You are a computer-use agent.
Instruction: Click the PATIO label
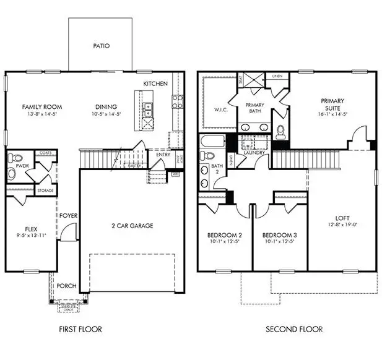(x=101, y=46)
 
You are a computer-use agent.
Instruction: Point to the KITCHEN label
(x=155, y=84)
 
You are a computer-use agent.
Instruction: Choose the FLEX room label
(x=31, y=227)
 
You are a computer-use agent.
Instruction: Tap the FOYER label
(x=68, y=216)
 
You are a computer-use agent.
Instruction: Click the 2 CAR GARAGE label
(x=132, y=226)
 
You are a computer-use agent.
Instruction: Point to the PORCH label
(x=66, y=286)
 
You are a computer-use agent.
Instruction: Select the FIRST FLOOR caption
(x=81, y=329)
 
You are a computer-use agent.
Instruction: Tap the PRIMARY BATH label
(x=255, y=109)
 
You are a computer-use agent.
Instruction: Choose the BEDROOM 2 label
(x=224, y=236)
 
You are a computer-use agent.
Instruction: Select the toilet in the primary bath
(x=280, y=132)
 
